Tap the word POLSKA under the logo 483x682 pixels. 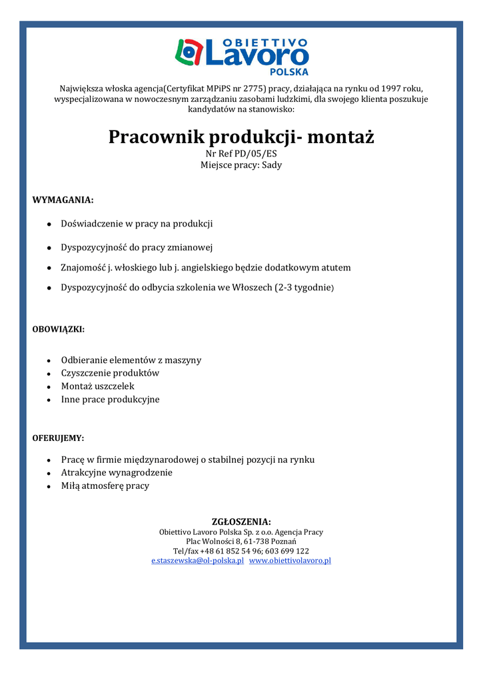[x=288, y=71]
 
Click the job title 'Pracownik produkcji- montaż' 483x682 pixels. [x=241, y=137]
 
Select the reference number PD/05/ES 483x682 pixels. [x=255, y=154]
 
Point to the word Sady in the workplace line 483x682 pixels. [x=272, y=165]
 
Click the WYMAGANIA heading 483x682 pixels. [x=63, y=200]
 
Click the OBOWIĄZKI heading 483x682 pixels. [x=58, y=329]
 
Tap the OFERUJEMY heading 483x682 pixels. [x=58, y=438]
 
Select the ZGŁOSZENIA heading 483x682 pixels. [x=241, y=521]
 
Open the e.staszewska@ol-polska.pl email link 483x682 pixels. [x=197, y=561]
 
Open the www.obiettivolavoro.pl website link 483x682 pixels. [x=290, y=561]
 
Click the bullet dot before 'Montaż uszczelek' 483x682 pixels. [x=50, y=387]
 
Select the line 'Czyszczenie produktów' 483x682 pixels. [x=110, y=373]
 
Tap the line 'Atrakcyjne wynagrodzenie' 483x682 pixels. [x=117, y=472]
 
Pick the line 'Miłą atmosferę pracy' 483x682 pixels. [x=105, y=486]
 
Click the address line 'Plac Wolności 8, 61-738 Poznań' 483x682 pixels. [x=241, y=541]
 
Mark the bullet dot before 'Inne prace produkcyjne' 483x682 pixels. [x=50, y=400]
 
